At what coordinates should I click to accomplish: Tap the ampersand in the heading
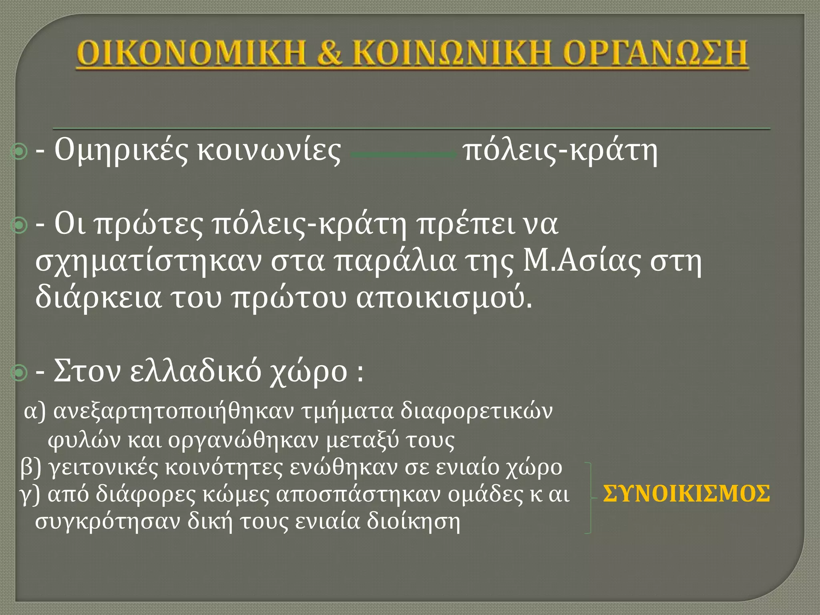click(x=329, y=53)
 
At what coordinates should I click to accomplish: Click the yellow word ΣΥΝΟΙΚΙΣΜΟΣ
click(x=686, y=494)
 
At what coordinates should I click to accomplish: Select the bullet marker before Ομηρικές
click(x=19, y=152)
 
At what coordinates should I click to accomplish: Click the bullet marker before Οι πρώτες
click(x=19, y=226)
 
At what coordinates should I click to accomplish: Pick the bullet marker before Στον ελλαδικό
click(x=19, y=373)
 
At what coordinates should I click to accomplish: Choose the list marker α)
click(x=35, y=412)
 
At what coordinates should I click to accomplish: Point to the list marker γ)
click(x=30, y=495)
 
